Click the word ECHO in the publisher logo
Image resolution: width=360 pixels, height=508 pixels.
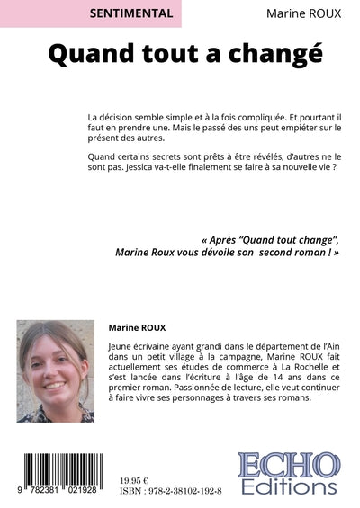click(x=289, y=467)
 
